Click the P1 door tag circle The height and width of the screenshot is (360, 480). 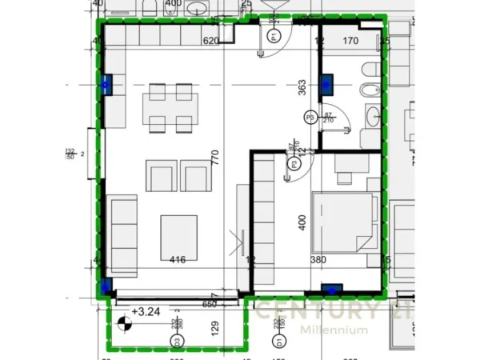pos(274,36)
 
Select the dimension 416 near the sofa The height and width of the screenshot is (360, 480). pos(178,259)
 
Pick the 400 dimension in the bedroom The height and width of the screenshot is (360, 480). pos(302,222)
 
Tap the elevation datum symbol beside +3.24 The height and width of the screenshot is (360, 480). pos(124,324)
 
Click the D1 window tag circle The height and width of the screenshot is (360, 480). pos(279,342)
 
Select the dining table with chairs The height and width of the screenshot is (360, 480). pos(168,110)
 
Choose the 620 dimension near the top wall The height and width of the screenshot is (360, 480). pos(211,40)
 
